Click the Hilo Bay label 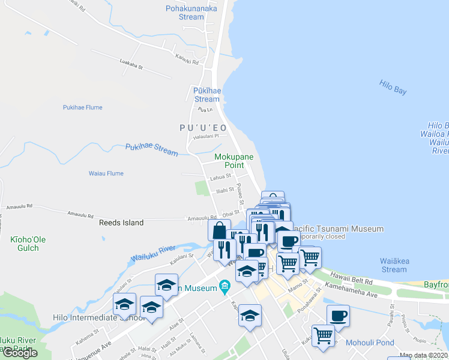[x=393, y=86]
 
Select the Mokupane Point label [x=234, y=161]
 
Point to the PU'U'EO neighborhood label [x=202, y=128]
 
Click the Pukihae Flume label [x=83, y=108]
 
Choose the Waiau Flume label [x=106, y=173]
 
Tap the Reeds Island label [x=121, y=223]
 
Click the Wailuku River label [x=152, y=253]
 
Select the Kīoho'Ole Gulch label [x=28, y=244]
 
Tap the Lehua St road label [x=220, y=178]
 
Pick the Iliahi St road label [x=224, y=191]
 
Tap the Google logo [x=20, y=353]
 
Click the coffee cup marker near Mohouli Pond [x=338, y=315]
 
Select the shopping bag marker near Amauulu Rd [x=219, y=229]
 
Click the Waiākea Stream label [x=394, y=265]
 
